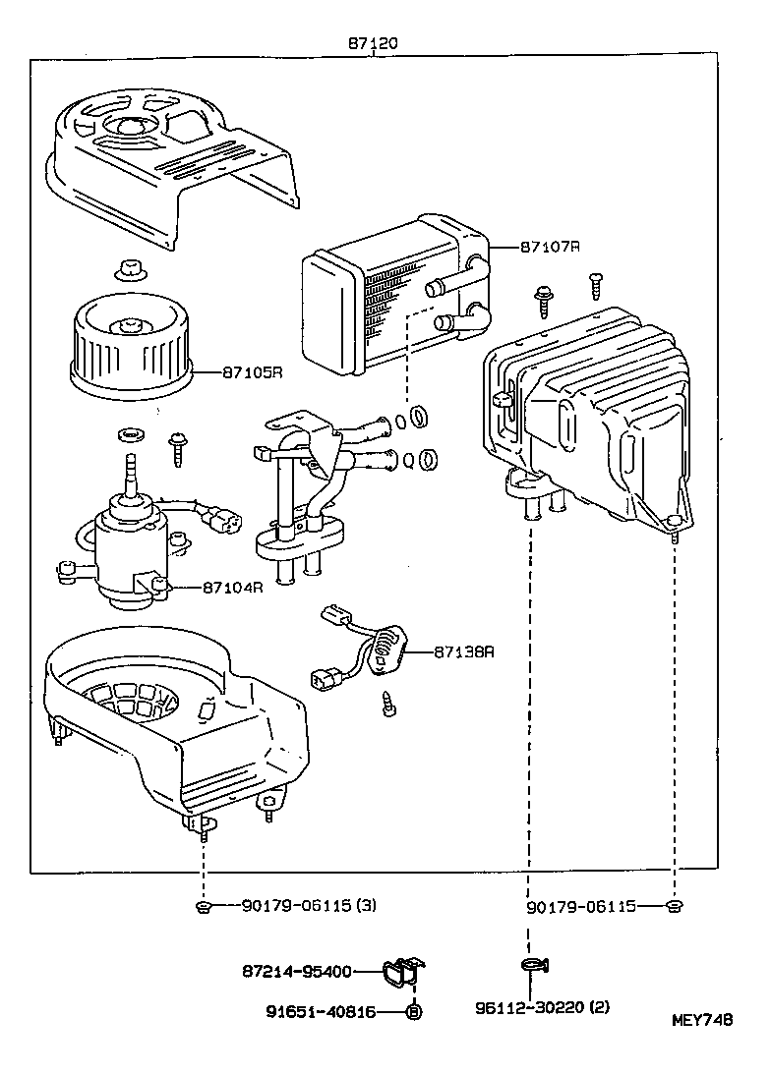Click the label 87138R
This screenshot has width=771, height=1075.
tap(463, 651)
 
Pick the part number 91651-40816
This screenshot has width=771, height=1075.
tap(321, 1011)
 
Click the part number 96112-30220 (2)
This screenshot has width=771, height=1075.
tap(541, 1007)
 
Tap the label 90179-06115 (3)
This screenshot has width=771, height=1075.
tap(308, 906)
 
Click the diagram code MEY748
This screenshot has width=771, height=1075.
tap(702, 1020)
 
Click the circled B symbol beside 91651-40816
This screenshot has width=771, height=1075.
tap(414, 1011)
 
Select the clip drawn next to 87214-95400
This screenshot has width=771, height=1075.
tap(402, 974)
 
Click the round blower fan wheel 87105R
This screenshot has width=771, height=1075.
tap(130, 350)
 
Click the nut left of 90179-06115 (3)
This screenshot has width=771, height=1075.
tap(203, 906)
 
